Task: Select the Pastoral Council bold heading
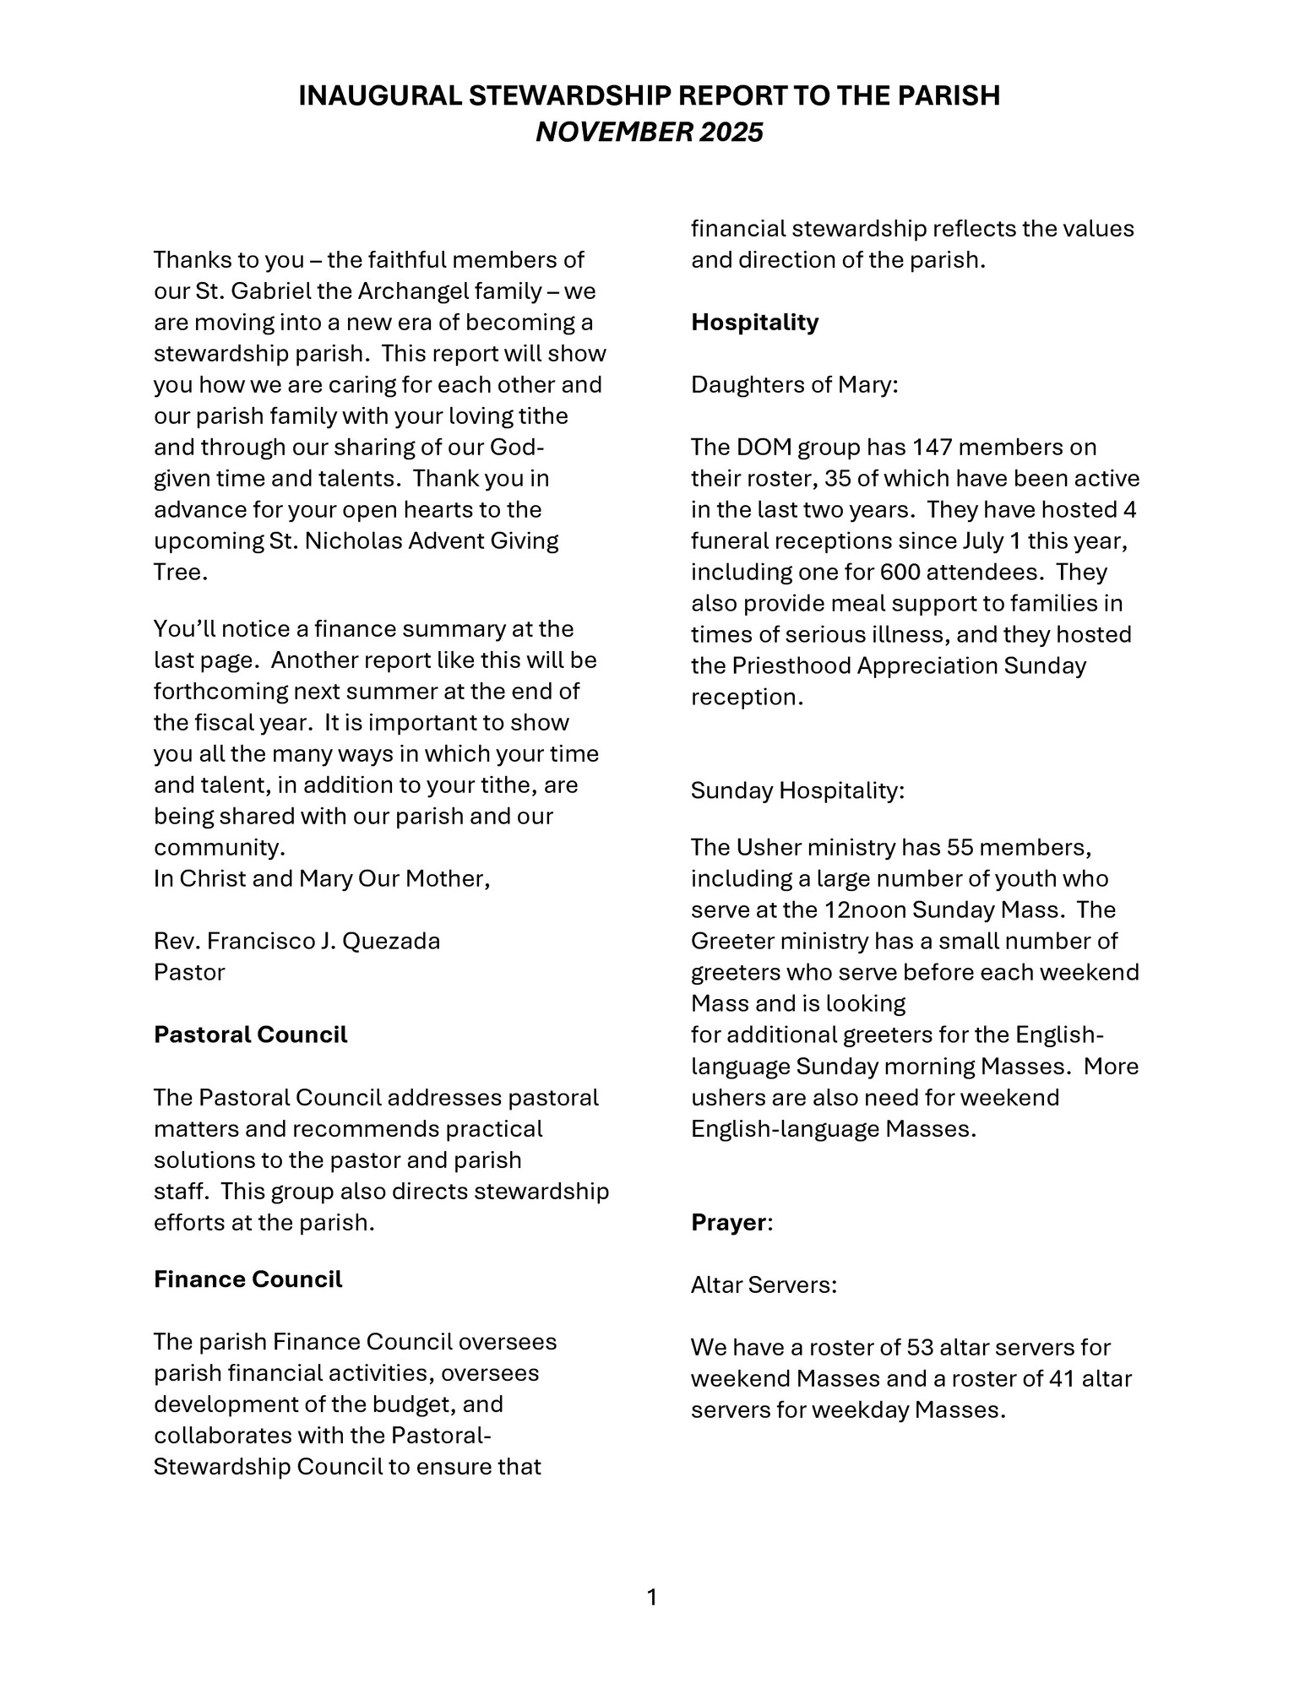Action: click(250, 1035)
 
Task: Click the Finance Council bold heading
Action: click(247, 1279)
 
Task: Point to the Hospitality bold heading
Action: click(754, 322)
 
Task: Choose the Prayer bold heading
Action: click(728, 1222)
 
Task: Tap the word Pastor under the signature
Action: click(189, 972)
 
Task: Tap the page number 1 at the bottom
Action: click(651, 1598)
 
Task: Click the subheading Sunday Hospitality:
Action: click(797, 790)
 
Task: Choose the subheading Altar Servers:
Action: click(764, 1284)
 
